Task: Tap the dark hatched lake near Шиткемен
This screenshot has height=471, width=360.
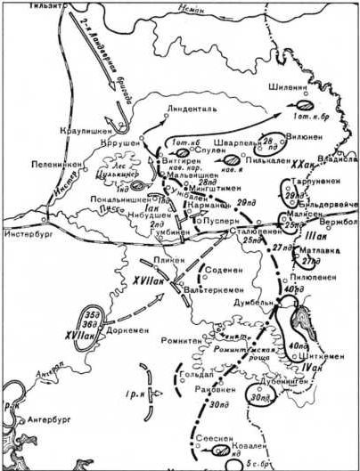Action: (299, 316)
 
